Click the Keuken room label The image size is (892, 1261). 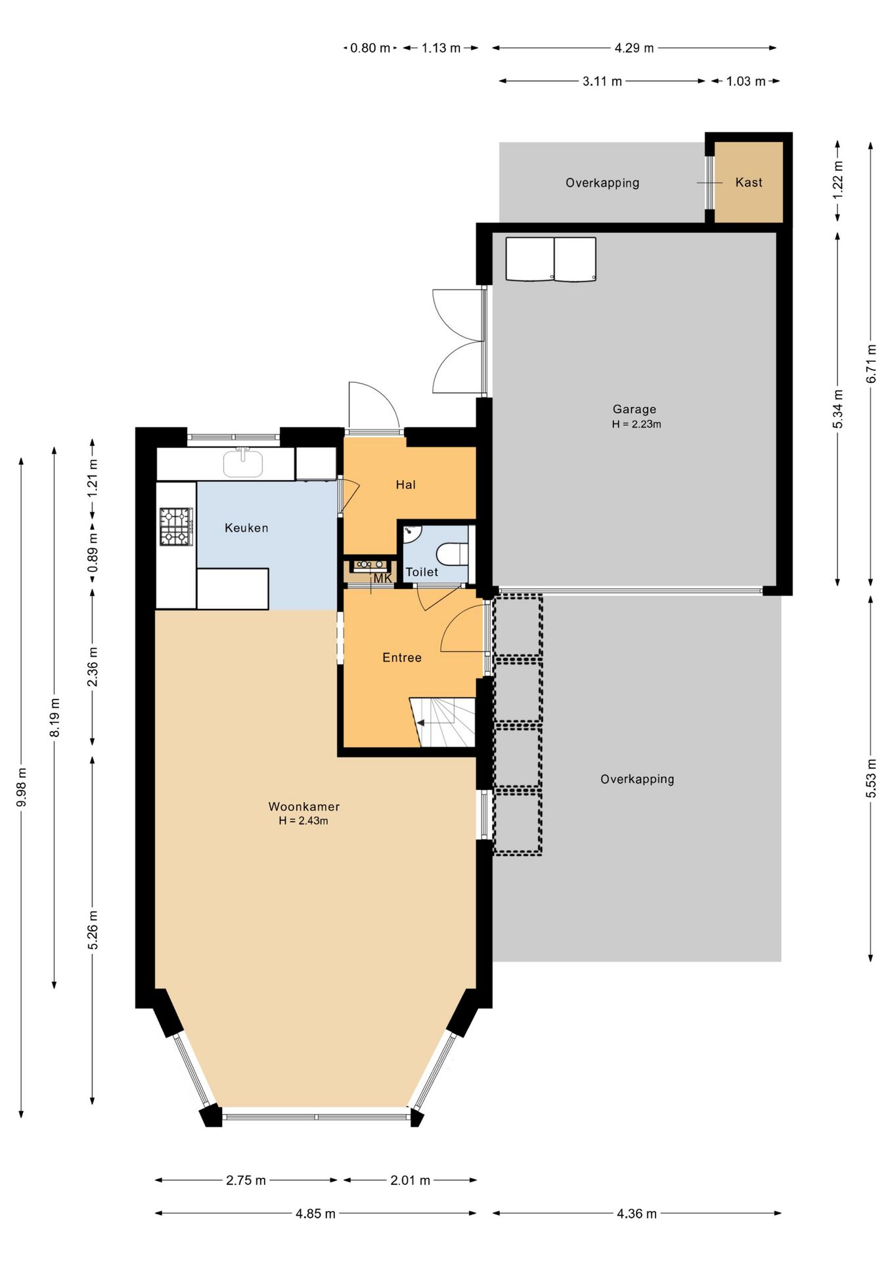(246, 527)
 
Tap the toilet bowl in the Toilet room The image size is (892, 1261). (453, 553)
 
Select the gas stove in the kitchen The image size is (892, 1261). (176, 526)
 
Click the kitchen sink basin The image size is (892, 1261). (243, 463)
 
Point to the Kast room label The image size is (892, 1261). (749, 183)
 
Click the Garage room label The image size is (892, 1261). (635, 409)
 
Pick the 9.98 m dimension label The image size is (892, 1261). (21, 787)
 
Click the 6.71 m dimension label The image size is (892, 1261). (871, 364)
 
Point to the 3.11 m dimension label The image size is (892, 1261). (602, 81)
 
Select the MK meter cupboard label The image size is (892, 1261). (382, 579)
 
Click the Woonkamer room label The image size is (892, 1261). (304, 807)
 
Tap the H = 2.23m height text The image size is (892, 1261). (636, 424)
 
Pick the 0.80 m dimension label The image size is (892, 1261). (370, 48)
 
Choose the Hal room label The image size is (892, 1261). (405, 485)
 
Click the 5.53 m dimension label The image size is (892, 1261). (871, 778)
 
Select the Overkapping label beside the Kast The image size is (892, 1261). (602, 183)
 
